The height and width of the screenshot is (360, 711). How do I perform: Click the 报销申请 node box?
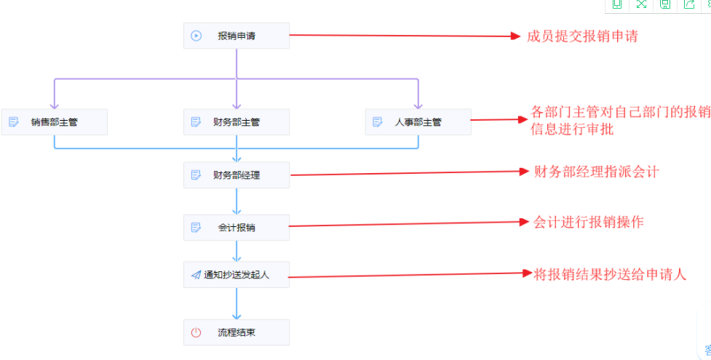pyautogui.click(x=237, y=36)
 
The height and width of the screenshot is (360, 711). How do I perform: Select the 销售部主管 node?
pyautogui.click(x=55, y=122)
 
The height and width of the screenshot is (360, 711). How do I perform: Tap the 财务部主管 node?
pyautogui.click(x=237, y=122)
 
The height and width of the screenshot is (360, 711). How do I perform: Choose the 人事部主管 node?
pyautogui.click(x=418, y=122)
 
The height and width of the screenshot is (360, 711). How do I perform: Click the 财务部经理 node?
pyautogui.click(x=237, y=175)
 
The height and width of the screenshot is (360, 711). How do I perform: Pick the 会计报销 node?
pyautogui.click(x=237, y=228)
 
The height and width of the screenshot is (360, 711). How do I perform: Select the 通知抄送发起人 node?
pyautogui.click(x=237, y=275)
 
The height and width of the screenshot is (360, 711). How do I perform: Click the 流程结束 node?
pyautogui.click(x=237, y=332)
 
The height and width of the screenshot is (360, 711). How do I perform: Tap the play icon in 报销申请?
pyautogui.click(x=196, y=36)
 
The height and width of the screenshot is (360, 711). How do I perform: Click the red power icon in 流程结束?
pyautogui.click(x=196, y=332)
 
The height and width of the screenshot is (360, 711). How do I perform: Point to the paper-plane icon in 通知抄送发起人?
pyautogui.click(x=196, y=275)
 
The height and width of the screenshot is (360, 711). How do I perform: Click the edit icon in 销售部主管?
pyautogui.click(x=14, y=122)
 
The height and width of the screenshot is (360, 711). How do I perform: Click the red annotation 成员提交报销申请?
pyautogui.click(x=582, y=36)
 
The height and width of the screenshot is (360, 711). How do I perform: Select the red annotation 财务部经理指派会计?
pyautogui.click(x=596, y=172)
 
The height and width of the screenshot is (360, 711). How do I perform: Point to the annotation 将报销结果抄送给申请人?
pyautogui.click(x=610, y=274)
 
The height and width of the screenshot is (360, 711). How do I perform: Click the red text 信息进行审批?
pyautogui.click(x=572, y=129)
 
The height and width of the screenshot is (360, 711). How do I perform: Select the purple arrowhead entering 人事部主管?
pyautogui.click(x=418, y=105)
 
